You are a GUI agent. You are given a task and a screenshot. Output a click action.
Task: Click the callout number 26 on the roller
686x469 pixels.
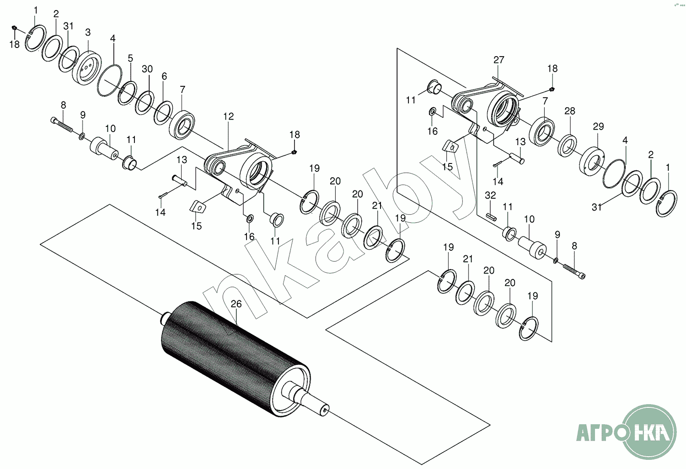point(236,304)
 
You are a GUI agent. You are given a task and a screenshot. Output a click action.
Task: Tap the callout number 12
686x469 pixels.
point(229,116)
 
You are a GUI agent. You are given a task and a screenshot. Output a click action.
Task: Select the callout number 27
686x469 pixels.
point(499,60)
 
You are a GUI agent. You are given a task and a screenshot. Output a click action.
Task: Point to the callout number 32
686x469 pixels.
point(490,195)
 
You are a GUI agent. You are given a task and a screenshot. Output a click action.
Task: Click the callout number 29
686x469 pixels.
point(598,126)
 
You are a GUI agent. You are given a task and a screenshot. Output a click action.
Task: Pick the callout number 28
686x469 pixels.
point(569,111)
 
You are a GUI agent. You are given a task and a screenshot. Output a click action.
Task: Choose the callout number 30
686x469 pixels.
point(147,69)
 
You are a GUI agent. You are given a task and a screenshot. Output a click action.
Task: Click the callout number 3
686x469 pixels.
point(88,32)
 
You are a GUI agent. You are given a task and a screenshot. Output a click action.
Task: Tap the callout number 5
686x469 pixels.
point(130,58)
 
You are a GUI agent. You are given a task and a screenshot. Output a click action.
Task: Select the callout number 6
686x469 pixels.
point(164,77)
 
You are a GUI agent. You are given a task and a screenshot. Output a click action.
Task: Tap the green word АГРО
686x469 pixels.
point(599,431)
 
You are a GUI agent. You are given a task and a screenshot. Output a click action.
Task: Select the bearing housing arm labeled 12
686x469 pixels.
point(238,169)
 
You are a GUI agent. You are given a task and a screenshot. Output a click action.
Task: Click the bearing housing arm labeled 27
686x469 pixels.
point(485,105)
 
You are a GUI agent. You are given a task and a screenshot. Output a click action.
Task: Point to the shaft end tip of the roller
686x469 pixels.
point(324,409)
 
